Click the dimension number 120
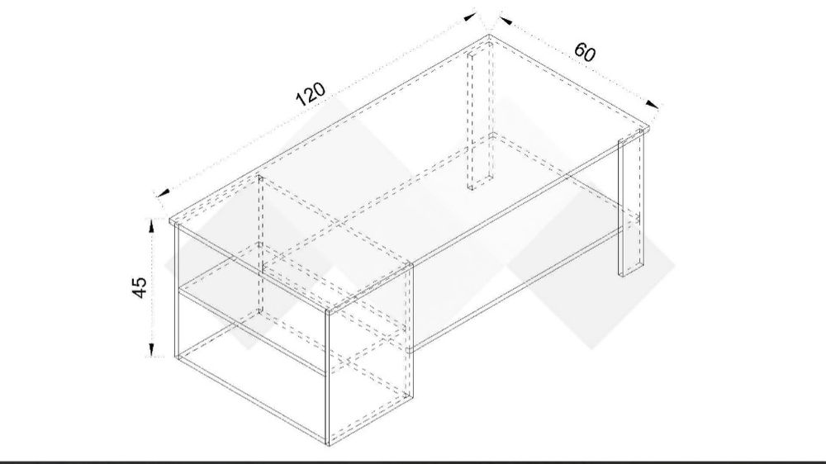(x=311, y=94)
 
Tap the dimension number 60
(x=585, y=52)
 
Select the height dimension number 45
(x=139, y=287)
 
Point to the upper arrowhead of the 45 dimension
(x=151, y=226)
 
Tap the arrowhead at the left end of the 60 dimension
(x=506, y=21)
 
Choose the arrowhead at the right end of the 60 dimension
(x=653, y=104)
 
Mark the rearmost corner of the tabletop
(x=489, y=36)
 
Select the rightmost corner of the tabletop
(x=649, y=129)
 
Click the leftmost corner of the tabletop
(x=170, y=220)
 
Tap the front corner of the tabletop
(x=326, y=310)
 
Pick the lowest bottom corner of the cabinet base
(x=329, y=446)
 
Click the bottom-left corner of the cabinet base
(x=176, y=357)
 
